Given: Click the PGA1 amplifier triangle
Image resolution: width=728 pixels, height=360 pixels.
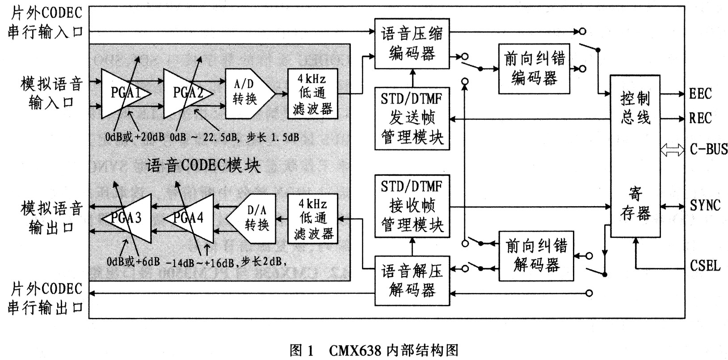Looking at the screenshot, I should tap(123, 93).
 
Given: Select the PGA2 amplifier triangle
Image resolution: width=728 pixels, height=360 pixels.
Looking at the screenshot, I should tap(185, 93).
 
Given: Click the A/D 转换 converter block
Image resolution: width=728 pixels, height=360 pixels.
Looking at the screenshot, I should tap(248, 93).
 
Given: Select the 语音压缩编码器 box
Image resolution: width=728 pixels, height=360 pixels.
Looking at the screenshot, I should tap(412, 44).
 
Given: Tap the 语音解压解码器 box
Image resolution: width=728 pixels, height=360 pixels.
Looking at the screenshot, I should tap(412, 281).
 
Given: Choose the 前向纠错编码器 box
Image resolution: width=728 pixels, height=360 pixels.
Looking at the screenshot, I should tap(534, 68).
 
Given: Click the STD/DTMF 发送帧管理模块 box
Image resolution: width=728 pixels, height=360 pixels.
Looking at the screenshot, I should tap(412, 119).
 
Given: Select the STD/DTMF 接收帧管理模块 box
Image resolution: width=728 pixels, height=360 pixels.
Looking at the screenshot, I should tap(412, 206).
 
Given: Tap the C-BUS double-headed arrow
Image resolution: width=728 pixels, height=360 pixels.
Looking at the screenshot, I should tap(672, 150).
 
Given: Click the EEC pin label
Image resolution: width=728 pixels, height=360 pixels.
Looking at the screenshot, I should tap(700, 94).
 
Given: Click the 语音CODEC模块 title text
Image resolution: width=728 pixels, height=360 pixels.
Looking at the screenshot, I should tap(203, 165).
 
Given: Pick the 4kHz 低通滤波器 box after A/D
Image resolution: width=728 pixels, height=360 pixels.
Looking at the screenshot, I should tap(312, 93).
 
